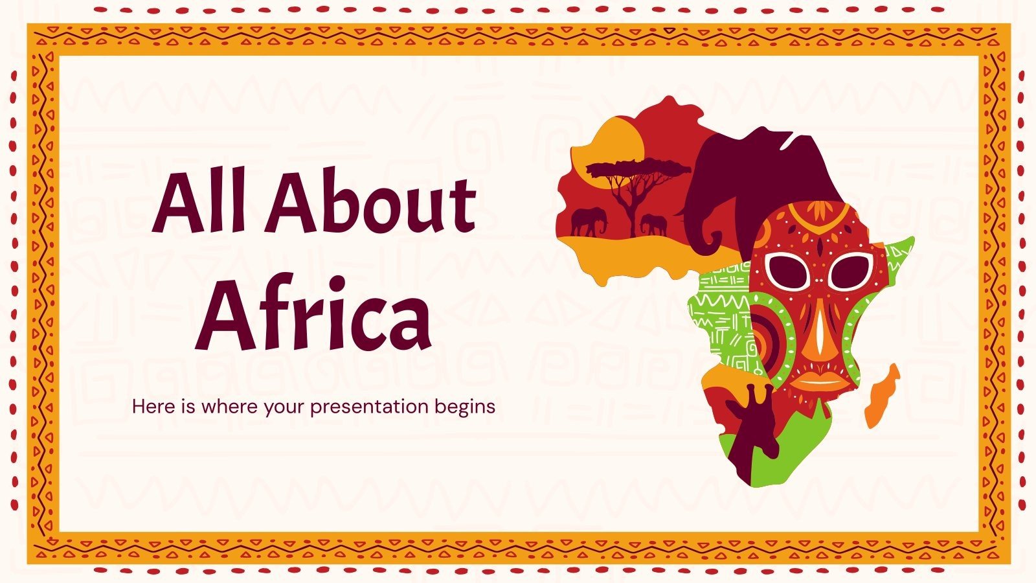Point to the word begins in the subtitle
(x=465, y=407)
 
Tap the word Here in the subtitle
(x=154, y=407)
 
